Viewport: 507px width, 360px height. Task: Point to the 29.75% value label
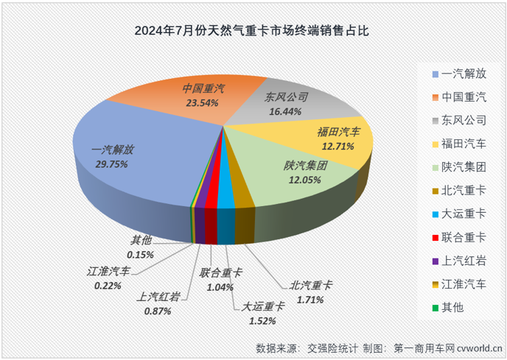[x=111, y=163]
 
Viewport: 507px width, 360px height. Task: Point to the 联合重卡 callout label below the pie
[x=222, y=273]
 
